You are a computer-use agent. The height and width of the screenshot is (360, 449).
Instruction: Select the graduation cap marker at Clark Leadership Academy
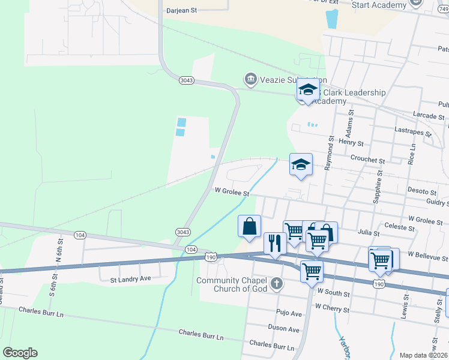tap(308, 90)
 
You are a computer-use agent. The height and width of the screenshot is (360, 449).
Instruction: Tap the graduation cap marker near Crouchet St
tap(301, 165)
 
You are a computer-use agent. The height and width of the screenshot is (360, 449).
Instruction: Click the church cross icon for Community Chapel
tap(276, 283)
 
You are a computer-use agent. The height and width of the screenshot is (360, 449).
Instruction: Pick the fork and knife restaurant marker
tap(275, 243)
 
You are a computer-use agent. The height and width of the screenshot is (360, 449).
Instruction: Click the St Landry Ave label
tap(130, 279)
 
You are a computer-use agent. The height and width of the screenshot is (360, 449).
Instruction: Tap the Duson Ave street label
tap(285, 329)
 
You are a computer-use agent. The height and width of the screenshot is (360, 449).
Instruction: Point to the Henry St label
tap(351, 143)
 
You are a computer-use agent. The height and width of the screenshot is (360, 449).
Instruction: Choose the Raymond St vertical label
tap(330, 152)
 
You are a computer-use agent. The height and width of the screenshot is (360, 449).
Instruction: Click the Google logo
tap(20, 353)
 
